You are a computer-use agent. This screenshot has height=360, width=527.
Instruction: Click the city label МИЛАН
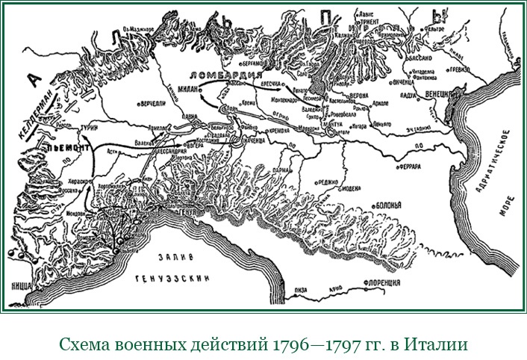(x=188, y=89)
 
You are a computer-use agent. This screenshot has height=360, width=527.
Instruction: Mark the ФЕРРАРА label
(x=414, y=166)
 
